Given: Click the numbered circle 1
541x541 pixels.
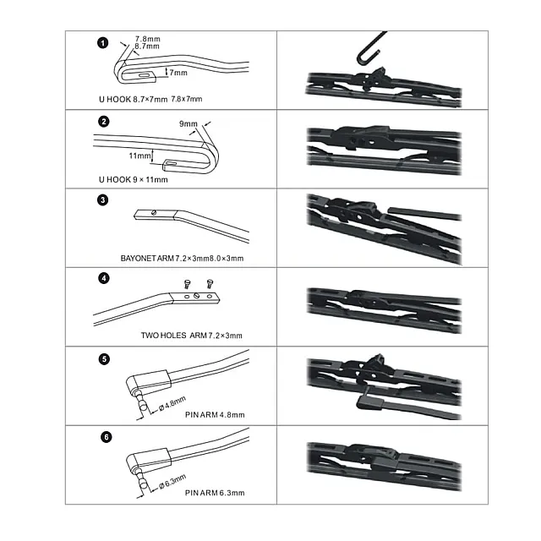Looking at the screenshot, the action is [103, 43].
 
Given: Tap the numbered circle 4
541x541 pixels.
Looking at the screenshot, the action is [104, 278].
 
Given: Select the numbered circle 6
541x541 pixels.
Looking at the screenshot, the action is [106, 437].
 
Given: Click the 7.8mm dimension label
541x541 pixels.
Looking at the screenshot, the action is [148, 39].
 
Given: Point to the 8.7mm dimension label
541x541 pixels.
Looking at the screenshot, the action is [147, 46].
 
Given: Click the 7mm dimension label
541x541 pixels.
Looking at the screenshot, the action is [178, 73].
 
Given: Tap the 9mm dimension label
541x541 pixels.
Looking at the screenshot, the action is [189, 124].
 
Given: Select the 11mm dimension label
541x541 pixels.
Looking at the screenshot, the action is [139, 156].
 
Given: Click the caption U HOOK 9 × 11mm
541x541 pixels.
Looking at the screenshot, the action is [134, 180].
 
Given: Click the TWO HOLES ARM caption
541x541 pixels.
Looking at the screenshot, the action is [192, 336].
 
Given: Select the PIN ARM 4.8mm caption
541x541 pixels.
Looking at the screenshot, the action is [215, 415].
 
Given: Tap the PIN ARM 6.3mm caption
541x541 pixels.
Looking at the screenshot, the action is [215, 493].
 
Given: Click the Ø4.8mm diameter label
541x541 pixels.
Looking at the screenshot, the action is [172, 404].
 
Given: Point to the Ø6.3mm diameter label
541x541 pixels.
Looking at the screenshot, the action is [172, 482].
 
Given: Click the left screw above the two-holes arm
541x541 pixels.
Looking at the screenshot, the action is [187, 284].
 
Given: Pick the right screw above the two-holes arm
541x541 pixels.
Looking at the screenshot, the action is [210, 284].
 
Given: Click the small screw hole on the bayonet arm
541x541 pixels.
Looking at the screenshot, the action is [154, 213].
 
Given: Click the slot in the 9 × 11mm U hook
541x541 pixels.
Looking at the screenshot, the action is [172, 162].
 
